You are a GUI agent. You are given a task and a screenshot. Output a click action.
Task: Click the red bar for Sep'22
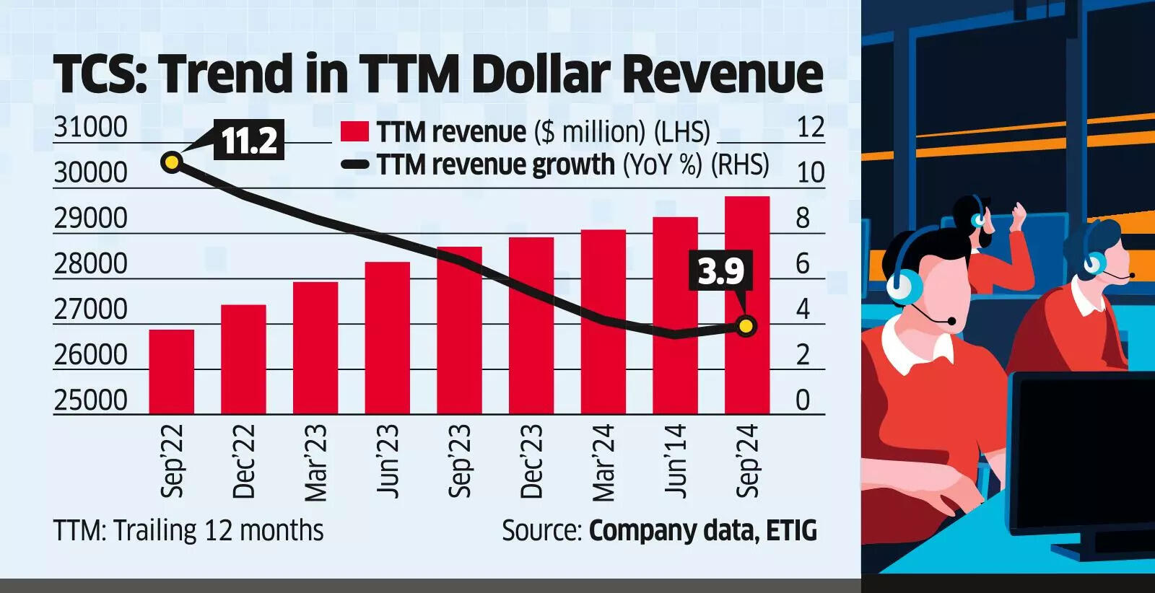pos(171,372)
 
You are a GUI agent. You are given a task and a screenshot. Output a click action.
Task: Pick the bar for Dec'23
pos(531,325)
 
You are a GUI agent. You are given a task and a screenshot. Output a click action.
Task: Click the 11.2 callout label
pos(248,140)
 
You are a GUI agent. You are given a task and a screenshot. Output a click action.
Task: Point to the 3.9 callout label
pos(720,271)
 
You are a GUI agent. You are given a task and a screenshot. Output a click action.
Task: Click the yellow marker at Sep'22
pos(172,162)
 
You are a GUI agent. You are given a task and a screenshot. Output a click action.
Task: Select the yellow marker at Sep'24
pos(746,326)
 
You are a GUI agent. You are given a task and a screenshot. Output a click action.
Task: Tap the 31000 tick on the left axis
pos(90,128)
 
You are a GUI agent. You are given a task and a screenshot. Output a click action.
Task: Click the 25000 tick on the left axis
pos(90,400)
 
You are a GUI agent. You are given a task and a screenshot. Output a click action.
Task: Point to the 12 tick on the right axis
pos(810,128)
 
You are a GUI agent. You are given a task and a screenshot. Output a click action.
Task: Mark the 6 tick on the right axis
pos(803,264)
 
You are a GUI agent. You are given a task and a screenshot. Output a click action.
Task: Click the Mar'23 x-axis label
pos(315,462)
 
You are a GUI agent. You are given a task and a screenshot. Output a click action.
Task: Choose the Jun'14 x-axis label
pos(676,462)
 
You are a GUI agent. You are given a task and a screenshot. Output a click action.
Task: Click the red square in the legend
pos(354,131)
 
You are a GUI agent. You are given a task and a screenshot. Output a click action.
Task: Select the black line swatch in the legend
pos(354,165)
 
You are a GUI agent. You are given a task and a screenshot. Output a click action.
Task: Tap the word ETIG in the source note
pos(791,531)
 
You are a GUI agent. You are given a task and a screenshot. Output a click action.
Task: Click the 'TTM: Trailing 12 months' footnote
pos(188,531)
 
